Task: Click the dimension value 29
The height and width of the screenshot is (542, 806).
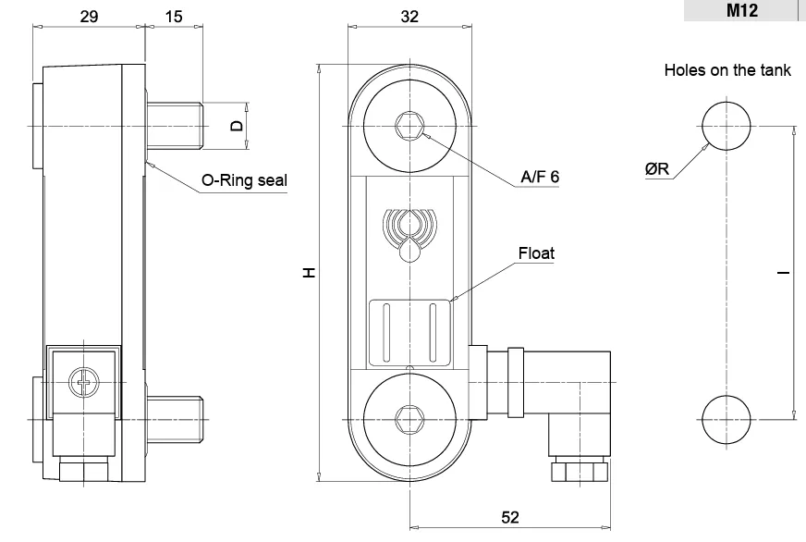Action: [89, 17]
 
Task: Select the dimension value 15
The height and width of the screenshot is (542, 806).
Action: [174, 17]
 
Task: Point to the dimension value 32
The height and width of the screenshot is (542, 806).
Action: [409, 17]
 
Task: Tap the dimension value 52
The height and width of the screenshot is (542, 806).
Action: [510, 517]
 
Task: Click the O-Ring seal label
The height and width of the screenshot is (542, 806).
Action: [244, 180]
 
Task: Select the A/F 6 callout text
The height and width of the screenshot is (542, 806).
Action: [540, 177]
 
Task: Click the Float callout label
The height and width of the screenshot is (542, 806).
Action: [536, 253]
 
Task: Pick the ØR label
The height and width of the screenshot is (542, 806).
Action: [657, 168]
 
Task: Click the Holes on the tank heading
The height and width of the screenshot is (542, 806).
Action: [727, 70]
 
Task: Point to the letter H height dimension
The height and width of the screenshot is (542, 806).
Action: [309, 273]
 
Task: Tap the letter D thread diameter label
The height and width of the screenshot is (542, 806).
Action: [237, 126]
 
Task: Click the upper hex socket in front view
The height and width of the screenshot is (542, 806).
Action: [409, 126]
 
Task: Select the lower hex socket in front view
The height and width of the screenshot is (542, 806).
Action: [409, 420]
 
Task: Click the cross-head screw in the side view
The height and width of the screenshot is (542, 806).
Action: [83, 383]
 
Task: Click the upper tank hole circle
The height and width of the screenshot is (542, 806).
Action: [727, 126]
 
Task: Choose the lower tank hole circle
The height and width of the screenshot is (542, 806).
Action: [727, 420]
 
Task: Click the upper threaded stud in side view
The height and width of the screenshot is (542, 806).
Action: [175, 126]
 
